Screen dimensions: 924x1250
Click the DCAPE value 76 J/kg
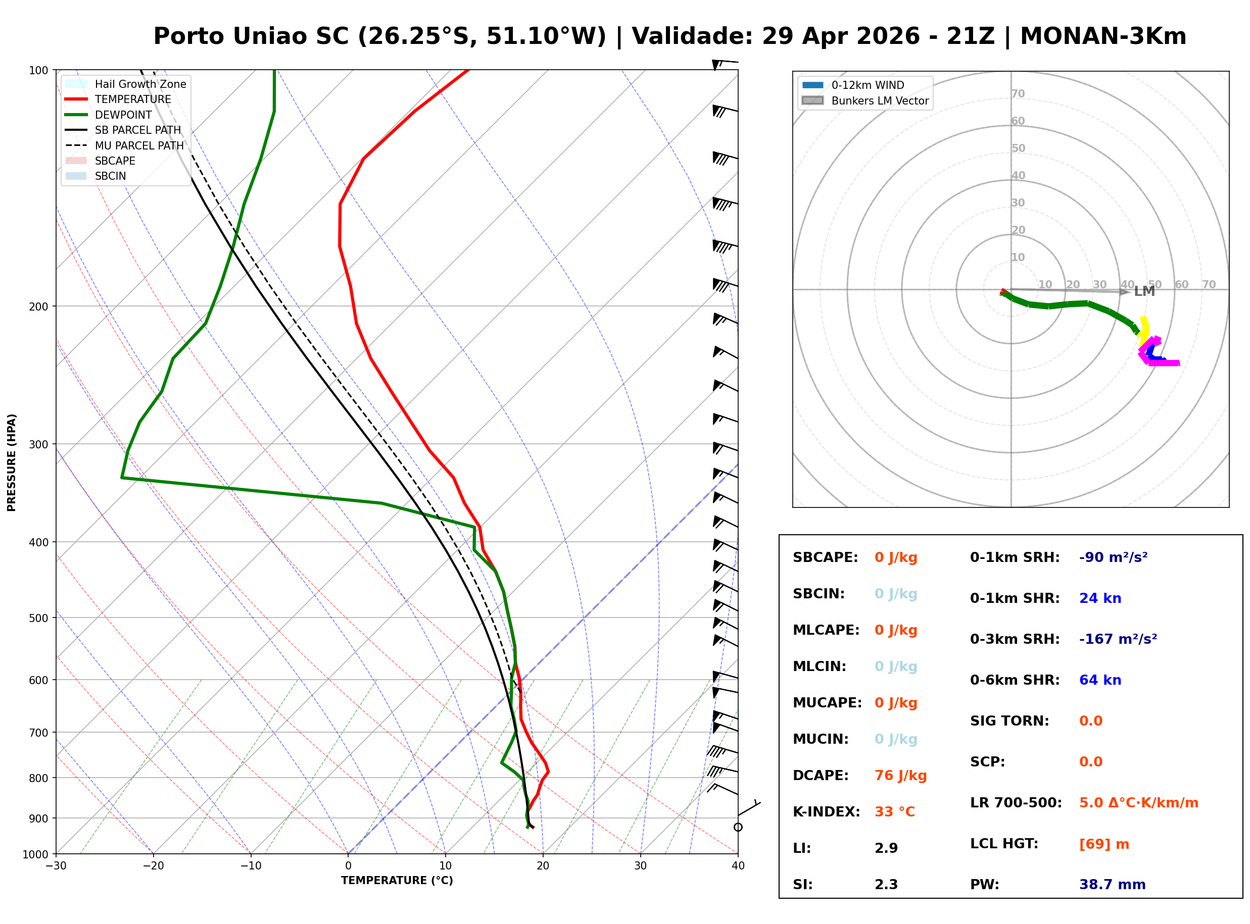pos(900,775)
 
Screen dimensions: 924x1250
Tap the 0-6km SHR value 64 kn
pos(1100,680)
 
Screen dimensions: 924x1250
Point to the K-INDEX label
pos(826,811)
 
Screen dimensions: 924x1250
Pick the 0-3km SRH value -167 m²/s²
pos(1118,639)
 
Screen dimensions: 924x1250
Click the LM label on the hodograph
pos(1144,291)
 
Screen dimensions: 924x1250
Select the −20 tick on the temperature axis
pos(153,866)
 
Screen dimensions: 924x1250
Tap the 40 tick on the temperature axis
pos(738,866)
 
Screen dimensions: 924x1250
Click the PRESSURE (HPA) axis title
pos(12,462)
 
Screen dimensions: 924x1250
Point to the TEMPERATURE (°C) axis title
pos(397,881)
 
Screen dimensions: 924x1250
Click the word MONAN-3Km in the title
pos(1103,36)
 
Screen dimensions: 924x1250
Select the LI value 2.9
pos(886,848)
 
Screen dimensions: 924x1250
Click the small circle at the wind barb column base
pos(738,827)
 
